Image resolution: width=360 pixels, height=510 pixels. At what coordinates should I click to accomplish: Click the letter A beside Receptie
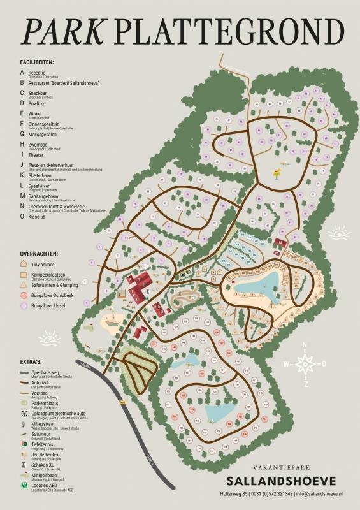[x=22, y=73]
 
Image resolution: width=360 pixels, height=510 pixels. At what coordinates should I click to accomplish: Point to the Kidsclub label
[x=40, y=216]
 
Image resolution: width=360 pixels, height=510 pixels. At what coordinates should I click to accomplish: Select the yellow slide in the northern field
[x=278, y=171]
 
